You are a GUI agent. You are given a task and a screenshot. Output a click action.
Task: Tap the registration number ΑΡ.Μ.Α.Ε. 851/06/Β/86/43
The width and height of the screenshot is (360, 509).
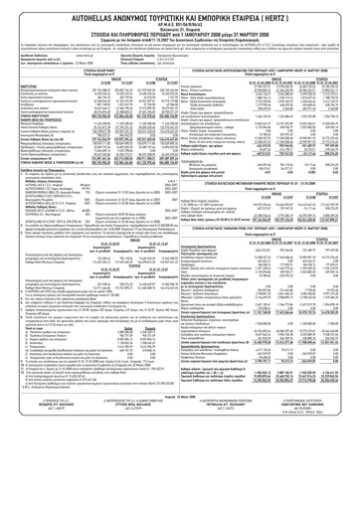(x=180, y=16)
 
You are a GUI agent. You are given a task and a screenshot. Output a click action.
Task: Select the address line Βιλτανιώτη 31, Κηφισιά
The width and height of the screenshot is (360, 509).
(x=180, y=21)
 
